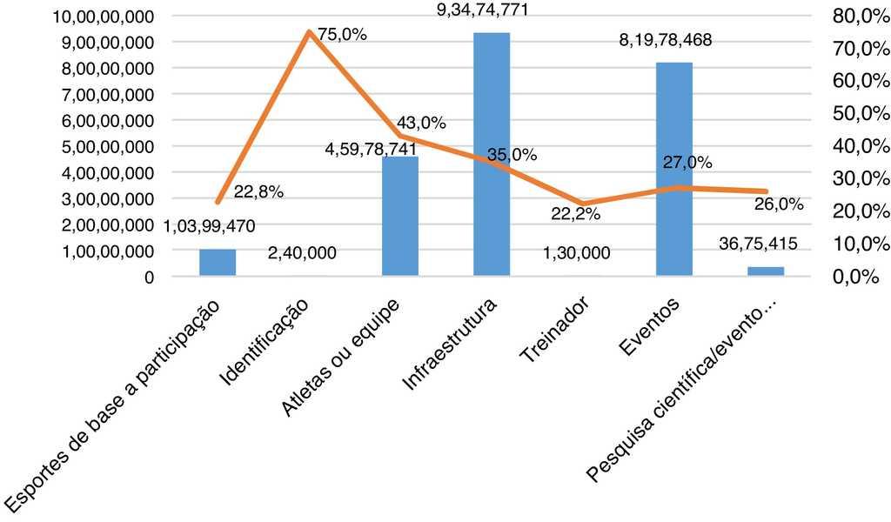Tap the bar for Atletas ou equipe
[400, 217]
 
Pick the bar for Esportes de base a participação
[218, 263]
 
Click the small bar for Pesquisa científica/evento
[766, 271]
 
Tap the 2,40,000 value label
[301, 253]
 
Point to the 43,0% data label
[421, 123]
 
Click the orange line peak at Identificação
[309, 32]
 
